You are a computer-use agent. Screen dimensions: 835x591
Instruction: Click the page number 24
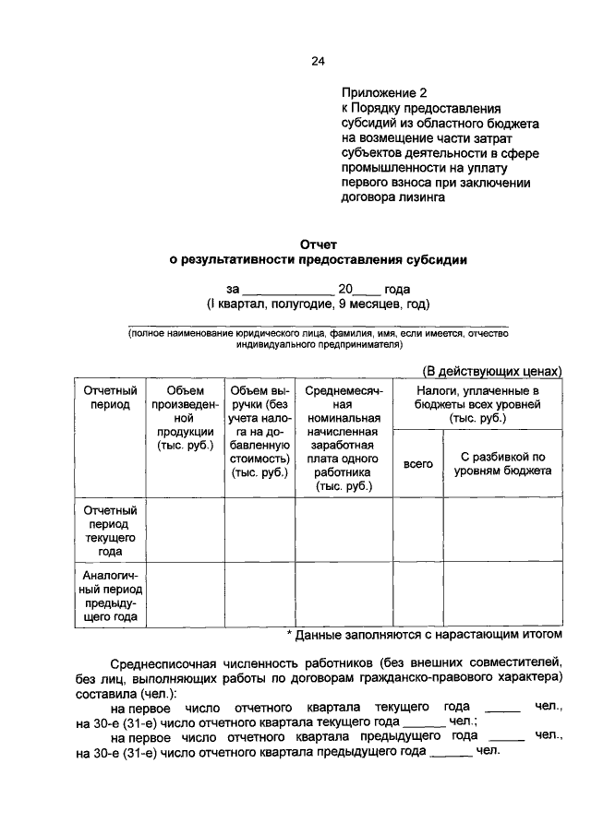point(318,62)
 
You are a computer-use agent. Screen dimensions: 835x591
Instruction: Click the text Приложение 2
point(384,93)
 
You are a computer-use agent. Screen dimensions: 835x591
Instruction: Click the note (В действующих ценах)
point(492,371)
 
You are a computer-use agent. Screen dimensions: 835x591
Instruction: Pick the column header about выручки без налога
point(259,431)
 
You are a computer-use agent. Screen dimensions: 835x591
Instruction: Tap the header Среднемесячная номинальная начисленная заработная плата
point(344,437)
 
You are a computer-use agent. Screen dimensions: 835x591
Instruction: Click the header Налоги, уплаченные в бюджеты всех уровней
point(477,404)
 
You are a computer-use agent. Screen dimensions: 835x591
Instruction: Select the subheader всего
point(418,464)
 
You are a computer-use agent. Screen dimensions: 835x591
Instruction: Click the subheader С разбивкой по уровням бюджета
point(503,463)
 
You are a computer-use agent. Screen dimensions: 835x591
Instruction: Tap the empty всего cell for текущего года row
point(418,530)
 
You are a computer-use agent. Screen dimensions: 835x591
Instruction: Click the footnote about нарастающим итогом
point(424,635)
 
